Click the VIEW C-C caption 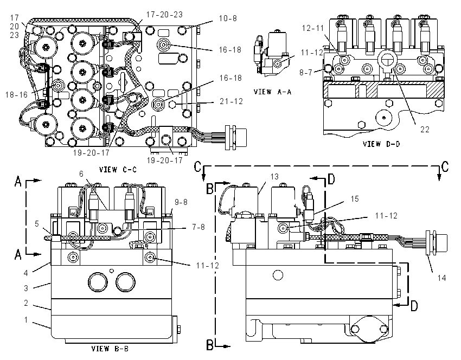118,170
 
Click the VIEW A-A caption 273,92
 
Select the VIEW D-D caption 381,144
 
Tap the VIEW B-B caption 110,349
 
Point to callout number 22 425,129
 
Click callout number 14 442,278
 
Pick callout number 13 274,177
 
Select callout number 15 355,199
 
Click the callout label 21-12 232,101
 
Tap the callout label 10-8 228,18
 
